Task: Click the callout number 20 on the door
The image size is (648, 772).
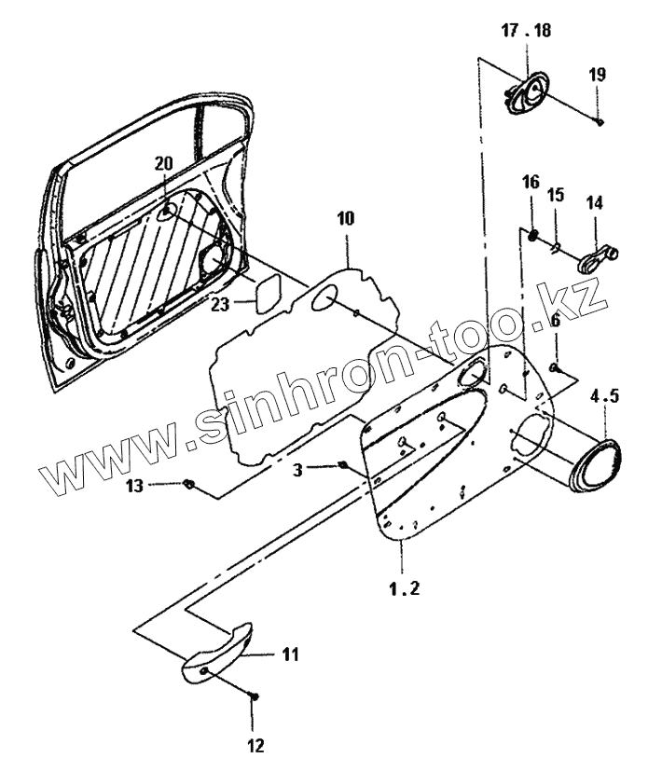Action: coord(164,163)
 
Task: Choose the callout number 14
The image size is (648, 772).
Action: coord(595,201)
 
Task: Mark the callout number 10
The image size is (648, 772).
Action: coord(346,219)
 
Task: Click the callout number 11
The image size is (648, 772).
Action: coord(291,655)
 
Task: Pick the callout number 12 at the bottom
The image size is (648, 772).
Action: coord(255,745)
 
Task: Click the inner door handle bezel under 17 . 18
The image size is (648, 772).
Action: coord(529,93)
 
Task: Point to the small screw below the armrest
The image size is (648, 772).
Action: coord(255,696)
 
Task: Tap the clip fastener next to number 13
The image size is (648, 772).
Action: coord(189,483)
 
